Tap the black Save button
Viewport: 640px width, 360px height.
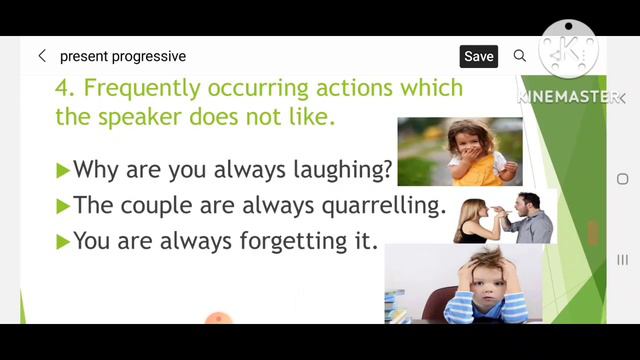[478, 56]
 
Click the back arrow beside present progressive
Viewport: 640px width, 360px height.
[42, 56]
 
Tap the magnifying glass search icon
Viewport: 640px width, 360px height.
[520, 56]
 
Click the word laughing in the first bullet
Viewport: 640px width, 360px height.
[336, 170]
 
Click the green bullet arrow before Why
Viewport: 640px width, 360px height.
[63, 171]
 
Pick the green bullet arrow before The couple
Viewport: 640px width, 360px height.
[63, 207]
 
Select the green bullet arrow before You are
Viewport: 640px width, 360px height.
[63, 241]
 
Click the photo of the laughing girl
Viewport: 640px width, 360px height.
[459, 151]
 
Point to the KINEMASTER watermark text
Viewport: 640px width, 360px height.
[566, 97]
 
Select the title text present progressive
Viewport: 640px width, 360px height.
[123, 56]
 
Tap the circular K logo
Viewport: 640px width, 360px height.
[567, 49]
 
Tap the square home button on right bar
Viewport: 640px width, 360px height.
[622, 179]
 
